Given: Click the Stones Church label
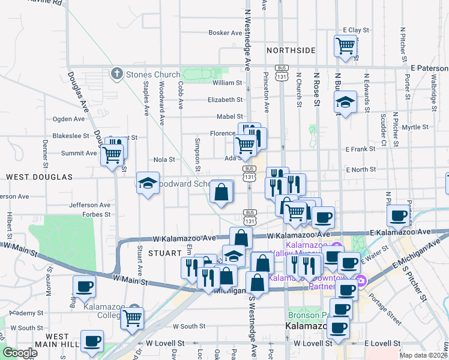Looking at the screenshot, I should [152, 74].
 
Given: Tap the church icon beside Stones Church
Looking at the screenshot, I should [116, 74].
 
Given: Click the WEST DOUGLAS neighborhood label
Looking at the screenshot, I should [39, 177].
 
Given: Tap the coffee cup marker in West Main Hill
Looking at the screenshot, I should [92, 341].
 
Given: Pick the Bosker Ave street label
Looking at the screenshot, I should [225, 33].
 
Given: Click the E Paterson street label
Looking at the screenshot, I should [429, 68].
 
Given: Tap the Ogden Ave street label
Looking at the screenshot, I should [70, 119].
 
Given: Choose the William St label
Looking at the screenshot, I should [227, 83].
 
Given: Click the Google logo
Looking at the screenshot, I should [20, 353].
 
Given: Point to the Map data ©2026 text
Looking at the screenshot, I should [423, 355].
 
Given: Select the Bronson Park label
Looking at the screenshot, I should [308, 315].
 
